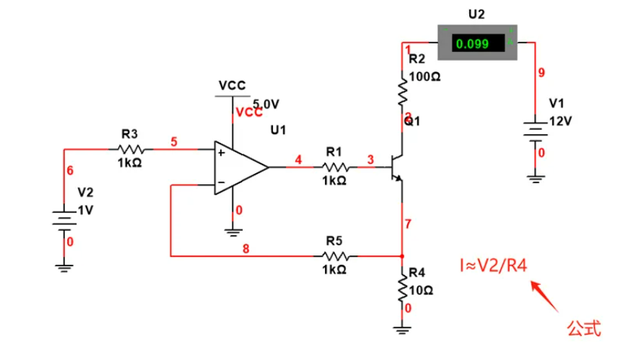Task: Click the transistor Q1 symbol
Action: pos(397,167)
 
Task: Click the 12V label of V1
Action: pos(560,120)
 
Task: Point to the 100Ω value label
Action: pos(425,76)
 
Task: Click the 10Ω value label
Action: pos(421,290)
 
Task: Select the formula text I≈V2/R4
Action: pos(494,265)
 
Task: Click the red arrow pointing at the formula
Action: pos(547,296)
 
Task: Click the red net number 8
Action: pos(245,249)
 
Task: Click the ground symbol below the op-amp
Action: pos(232,231)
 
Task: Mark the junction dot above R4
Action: pos(403,255)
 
